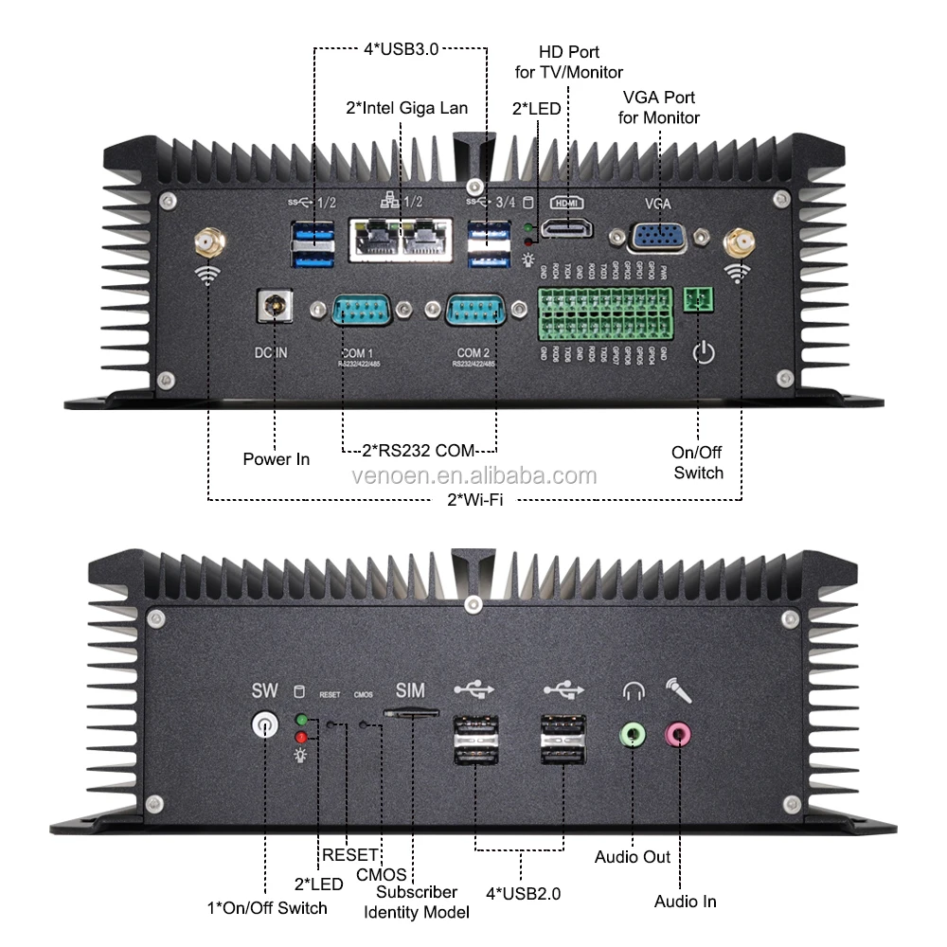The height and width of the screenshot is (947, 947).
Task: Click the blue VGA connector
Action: (660, 237)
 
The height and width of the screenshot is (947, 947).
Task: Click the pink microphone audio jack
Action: (679, 733)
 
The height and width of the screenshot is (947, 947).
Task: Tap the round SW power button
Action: (265, 726)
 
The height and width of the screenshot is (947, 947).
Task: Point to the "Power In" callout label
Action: (276, 459)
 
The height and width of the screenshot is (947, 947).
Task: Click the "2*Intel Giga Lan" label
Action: (406, 108)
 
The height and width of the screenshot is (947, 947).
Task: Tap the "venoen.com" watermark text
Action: (473, 475)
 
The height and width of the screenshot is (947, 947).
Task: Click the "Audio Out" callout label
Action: (633, 857)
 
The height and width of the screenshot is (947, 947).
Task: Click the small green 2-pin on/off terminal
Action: (701, 299)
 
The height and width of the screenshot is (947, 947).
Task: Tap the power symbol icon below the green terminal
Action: (703, 353)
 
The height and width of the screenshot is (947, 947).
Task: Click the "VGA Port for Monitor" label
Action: (659, 108)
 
